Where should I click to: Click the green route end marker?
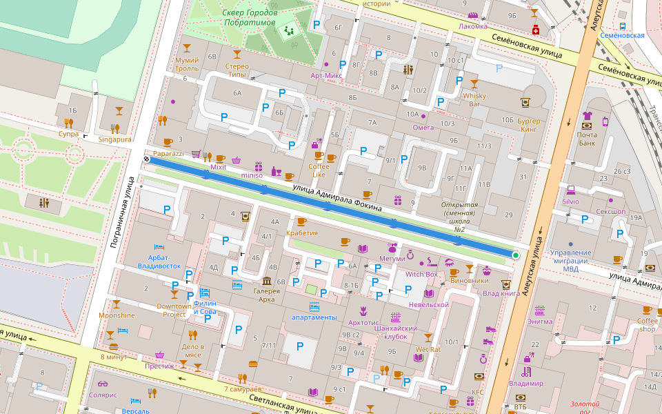[515, 255]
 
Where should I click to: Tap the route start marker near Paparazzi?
[146, 159]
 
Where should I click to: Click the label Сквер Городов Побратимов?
[250, 18]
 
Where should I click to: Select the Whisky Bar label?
[474, 99]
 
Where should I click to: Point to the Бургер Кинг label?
[528, 124]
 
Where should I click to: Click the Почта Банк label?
[587, 139]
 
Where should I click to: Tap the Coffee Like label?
[318, 170]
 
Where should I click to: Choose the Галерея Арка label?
[266, 295]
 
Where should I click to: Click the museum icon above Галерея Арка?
[266, 280]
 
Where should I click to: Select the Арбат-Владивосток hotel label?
[159, 261]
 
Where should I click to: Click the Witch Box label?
[421, 274]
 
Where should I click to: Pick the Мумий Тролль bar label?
[187, 64]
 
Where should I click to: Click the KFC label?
[477, 392]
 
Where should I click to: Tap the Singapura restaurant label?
[114, 139]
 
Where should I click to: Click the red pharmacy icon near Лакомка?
[535, 30]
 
